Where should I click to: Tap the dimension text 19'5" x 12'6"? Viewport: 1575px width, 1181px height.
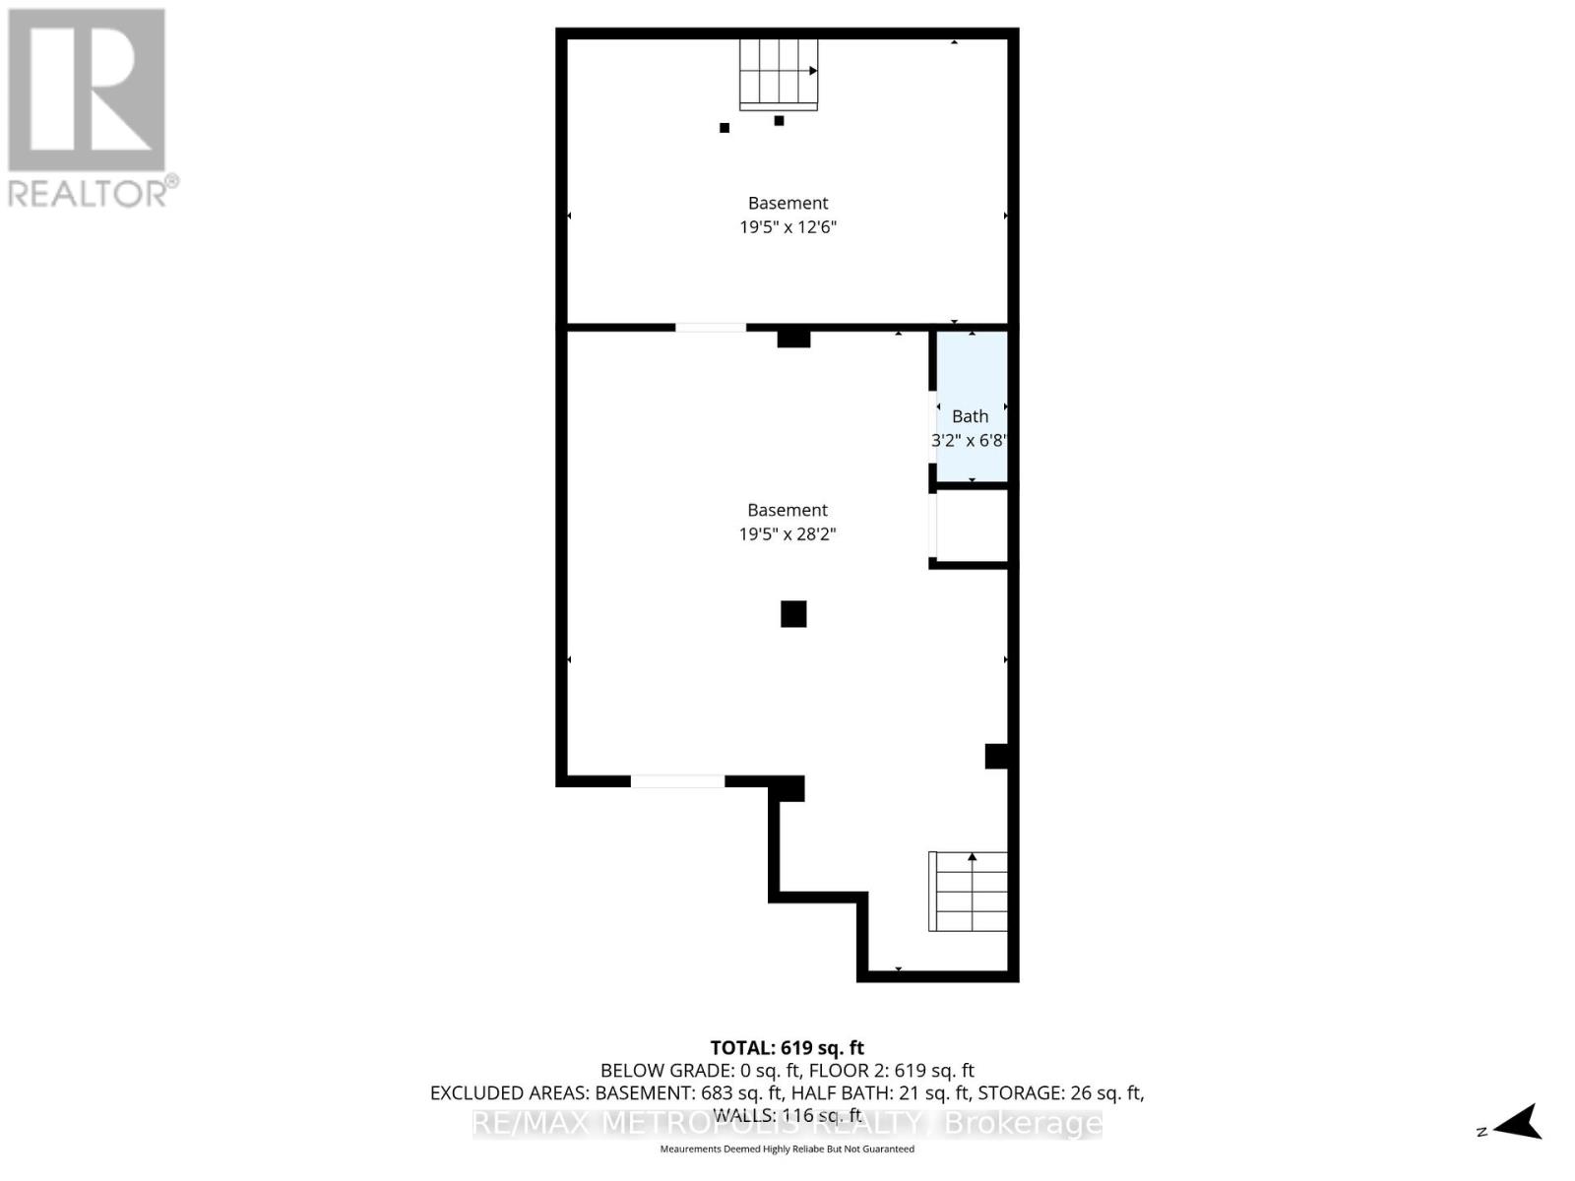(787, 227)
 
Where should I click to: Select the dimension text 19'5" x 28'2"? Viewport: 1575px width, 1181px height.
(787, 534)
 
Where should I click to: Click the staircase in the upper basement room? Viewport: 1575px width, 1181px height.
(779, 74)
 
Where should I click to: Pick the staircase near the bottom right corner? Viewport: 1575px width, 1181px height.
(969, 892)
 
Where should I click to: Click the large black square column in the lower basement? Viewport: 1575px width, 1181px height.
(793, 614)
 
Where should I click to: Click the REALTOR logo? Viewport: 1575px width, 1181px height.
(89, 108)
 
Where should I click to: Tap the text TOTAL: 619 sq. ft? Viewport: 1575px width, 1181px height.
(787, 1048)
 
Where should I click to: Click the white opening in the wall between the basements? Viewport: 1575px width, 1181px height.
(711, 327)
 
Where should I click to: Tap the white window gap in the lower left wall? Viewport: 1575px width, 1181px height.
(677, 781)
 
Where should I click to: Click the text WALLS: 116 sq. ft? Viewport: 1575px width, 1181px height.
(787, 1115)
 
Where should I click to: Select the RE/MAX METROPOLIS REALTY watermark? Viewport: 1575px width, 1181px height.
(787, 1124)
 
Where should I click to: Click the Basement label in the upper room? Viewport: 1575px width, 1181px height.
(787, 203)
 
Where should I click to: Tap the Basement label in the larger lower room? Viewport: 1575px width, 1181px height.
(787, 510)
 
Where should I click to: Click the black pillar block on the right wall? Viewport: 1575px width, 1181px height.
(997, 756)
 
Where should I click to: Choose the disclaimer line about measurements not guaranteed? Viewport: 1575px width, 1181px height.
(787, 1149)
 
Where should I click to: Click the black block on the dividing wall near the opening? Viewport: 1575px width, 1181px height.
(793, 339)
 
